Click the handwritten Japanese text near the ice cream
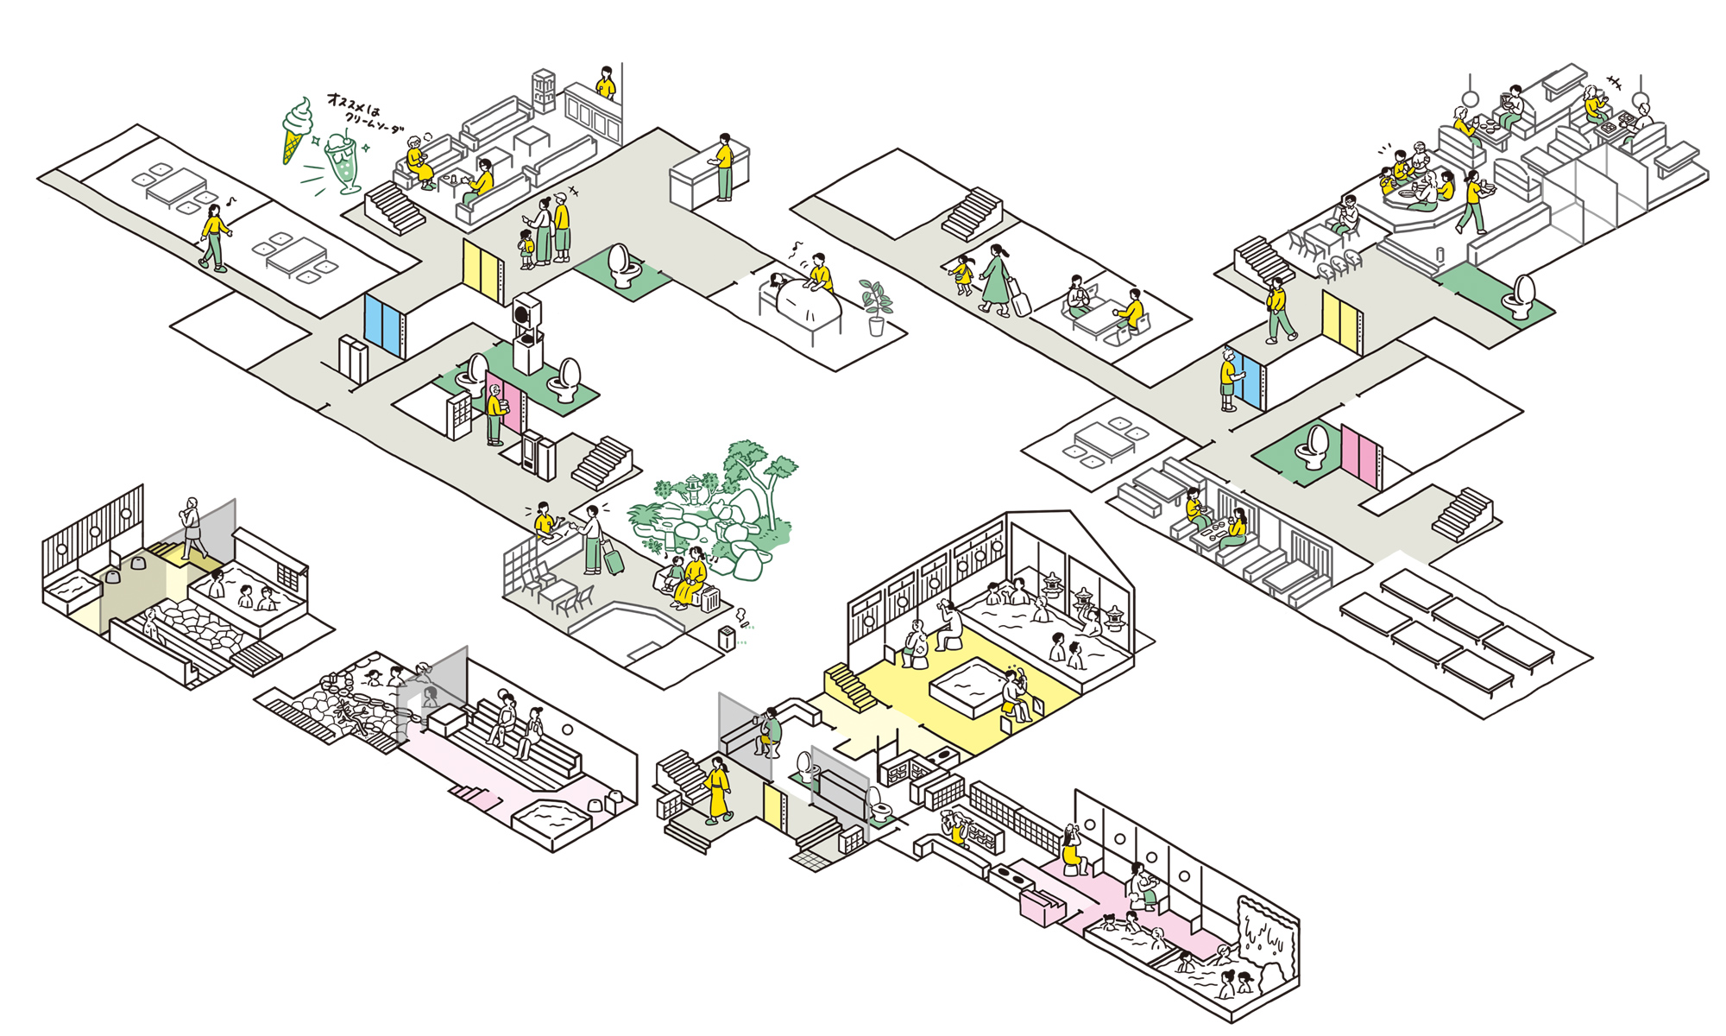pos(362,112)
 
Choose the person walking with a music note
pos(213,238)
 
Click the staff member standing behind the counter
pos(723,167)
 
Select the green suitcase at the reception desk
pos(614,561)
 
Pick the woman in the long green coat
pos(996,278)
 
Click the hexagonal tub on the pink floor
pos(548,816)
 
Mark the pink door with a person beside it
pos(504,401)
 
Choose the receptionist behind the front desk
pos(544,521)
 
